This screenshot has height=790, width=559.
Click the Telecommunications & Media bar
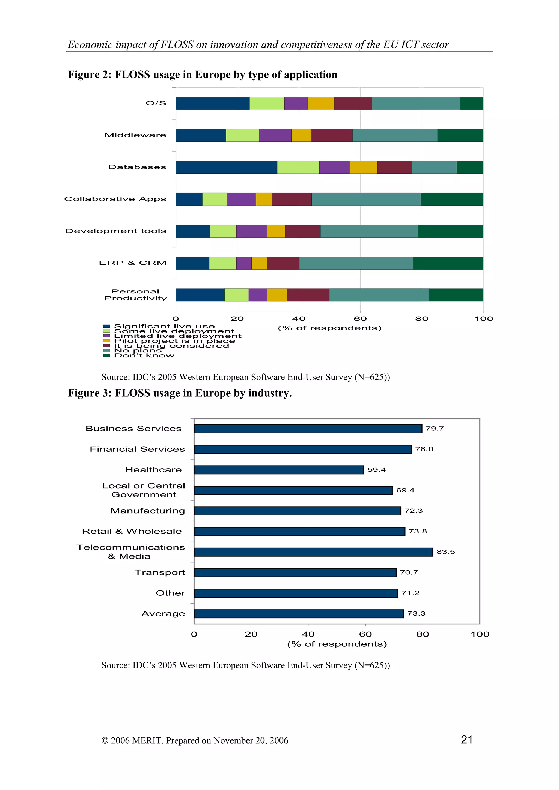313,552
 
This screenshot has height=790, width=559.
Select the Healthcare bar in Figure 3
279,470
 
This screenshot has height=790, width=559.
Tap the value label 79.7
434,428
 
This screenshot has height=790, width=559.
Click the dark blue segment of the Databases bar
226,167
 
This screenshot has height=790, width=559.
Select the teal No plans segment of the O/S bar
416,104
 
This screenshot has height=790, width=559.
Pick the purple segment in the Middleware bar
275,135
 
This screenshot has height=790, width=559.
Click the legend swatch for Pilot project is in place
106,341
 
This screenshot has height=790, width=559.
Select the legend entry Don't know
144,355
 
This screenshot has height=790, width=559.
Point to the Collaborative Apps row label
115,199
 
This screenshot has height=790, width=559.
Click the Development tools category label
116,231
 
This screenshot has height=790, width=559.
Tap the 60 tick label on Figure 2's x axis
360,319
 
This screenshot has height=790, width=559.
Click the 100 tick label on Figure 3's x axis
480,634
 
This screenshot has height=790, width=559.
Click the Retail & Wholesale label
132,531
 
